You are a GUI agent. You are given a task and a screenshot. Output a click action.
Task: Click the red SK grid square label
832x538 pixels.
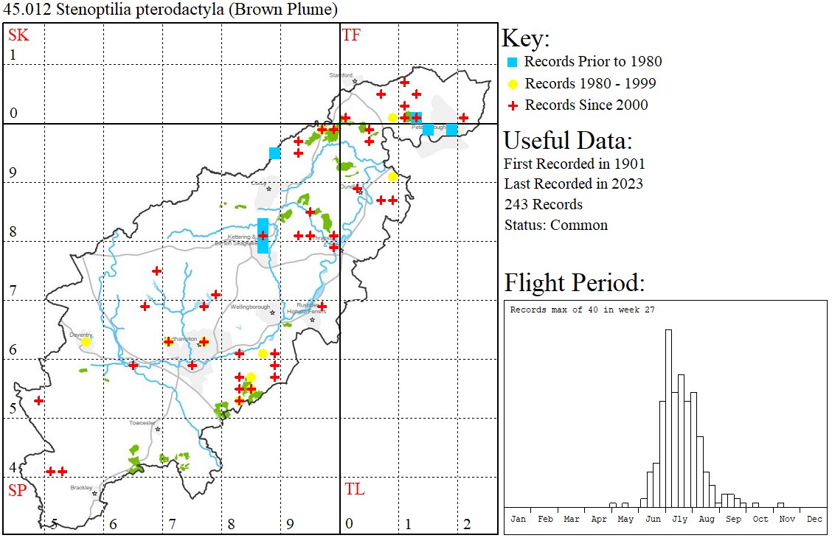(x=18, y=34)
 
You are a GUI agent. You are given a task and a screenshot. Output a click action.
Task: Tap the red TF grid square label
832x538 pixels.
(x=351, y=34)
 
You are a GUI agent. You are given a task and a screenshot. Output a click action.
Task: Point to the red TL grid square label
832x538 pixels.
(x=354, y=489)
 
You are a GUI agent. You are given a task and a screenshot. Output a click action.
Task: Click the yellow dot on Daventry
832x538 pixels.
(x=86, y=341)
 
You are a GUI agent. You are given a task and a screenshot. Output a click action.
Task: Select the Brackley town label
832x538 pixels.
(x=81, y=487)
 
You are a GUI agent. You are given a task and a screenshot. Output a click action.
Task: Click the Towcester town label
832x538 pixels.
(x=142, y=423)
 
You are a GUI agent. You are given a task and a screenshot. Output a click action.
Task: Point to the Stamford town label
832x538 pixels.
(x=341, y=74)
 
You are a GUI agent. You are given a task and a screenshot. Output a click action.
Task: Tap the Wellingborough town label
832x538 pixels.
(x=252, y=307)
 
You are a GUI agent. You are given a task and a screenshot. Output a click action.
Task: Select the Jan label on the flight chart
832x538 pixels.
(x=518, y=519)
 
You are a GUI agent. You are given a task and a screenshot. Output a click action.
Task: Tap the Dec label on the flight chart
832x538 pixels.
(x=814, y=519)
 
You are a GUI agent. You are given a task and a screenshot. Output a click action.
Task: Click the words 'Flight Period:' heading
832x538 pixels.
(x=574, y=282)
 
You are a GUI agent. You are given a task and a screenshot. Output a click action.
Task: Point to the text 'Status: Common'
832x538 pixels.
(x=555, y=225)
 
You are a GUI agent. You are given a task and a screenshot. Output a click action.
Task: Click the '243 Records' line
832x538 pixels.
(x=543, y=204)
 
